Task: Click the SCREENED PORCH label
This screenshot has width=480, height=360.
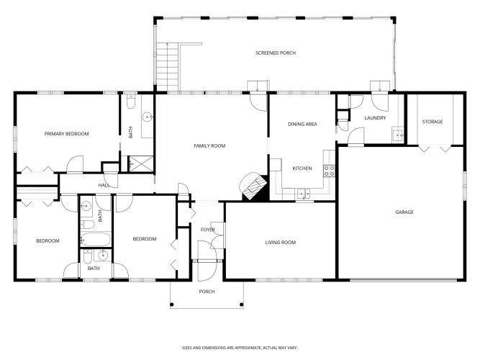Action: (x=276, y=53)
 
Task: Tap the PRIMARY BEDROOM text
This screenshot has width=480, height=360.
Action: (x=67, y=134)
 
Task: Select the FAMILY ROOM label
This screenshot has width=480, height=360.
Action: (x=209, y=146)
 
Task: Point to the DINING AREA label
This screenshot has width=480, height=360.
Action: (x=302, y=124)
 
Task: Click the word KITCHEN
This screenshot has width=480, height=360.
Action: (x=302, y=168)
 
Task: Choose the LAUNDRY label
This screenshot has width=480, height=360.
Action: (x=376, y=117)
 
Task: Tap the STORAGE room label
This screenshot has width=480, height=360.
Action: (x=433, y=122)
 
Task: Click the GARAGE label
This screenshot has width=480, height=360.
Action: (x=404, y=212)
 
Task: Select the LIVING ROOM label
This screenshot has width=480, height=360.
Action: (x=281, y=243)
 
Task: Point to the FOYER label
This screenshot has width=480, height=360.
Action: (x=207, y=230)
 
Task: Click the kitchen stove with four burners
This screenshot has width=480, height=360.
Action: (x=329, y=171)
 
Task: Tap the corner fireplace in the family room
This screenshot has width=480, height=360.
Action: (x=253, y=186)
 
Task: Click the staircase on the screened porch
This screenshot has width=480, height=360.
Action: (x=168, y=67)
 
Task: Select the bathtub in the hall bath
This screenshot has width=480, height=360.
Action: (x=96, y=239)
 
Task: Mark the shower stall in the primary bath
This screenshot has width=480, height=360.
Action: (x=141, y=163)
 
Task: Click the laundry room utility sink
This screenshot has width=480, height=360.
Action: (x=398, y=135)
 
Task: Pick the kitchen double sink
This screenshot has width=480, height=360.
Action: (x=304, y=194)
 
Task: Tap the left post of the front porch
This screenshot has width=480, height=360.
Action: (x=172, y=305)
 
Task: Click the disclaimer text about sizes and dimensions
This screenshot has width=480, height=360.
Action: (x=240, y=348)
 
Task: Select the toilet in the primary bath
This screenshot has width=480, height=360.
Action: (x=131, y=102)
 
